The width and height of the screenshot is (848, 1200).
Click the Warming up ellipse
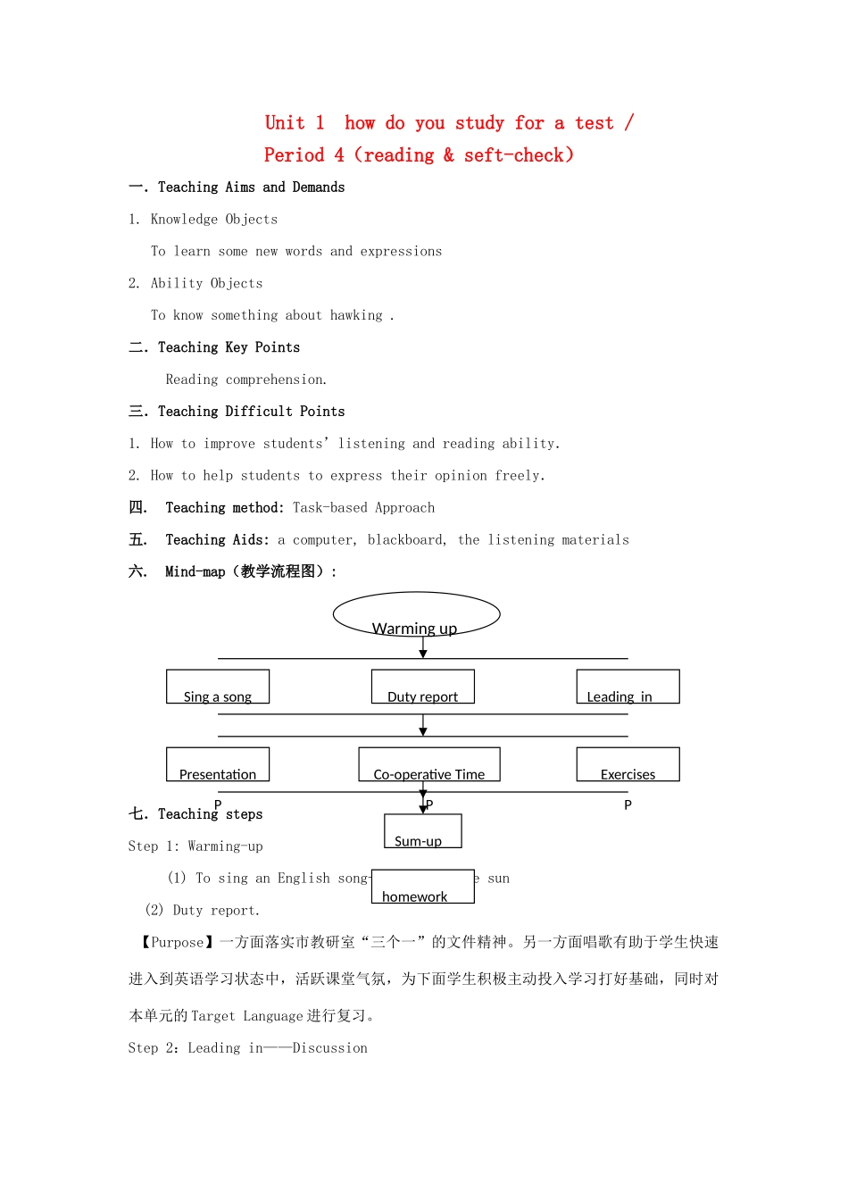tap(416, 615)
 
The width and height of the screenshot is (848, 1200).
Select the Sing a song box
tap(218, 687)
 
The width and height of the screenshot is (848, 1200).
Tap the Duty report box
tap(423, 687)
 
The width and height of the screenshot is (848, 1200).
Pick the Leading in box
tap(628, 687)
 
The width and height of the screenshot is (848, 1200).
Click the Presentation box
tap(218, 765)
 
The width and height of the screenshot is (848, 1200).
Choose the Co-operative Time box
tap(429, 765)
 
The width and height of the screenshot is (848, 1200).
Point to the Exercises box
tap(628, 765)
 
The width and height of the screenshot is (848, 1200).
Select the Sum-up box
tap(423, 831)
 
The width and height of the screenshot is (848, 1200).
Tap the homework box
tap(423, 887)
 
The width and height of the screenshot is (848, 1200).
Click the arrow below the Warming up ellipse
tap(423, 647)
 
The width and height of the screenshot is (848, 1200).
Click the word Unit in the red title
tap(285, 123)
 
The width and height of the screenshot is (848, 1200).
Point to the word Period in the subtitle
tap(294, 155)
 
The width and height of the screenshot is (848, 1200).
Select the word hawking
tap(356, 315)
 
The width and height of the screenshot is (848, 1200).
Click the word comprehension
tap(276, 379)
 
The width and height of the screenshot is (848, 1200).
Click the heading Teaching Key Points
tap(229, 347)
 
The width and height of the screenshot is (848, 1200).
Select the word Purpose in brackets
tap(178, 942)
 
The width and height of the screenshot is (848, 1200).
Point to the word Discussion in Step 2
tap(330, 1048)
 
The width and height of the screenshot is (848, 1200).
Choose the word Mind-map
tap(195, 572)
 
